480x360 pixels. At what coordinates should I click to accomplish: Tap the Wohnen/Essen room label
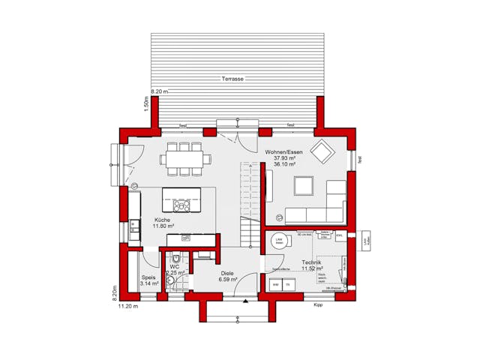tap(283, 151)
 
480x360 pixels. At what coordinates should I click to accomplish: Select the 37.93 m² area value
tap(284, 158)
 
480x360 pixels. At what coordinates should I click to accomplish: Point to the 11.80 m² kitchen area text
tap(163, 226)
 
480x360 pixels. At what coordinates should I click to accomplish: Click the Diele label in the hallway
tap(226, 273)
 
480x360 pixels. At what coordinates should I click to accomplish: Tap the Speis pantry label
tap(148, 277)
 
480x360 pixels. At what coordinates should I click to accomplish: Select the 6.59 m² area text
tap(228, 280)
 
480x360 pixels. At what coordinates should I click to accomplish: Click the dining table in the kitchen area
tap(184, 158)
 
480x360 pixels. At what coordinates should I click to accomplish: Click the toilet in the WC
tap(172, 280)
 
